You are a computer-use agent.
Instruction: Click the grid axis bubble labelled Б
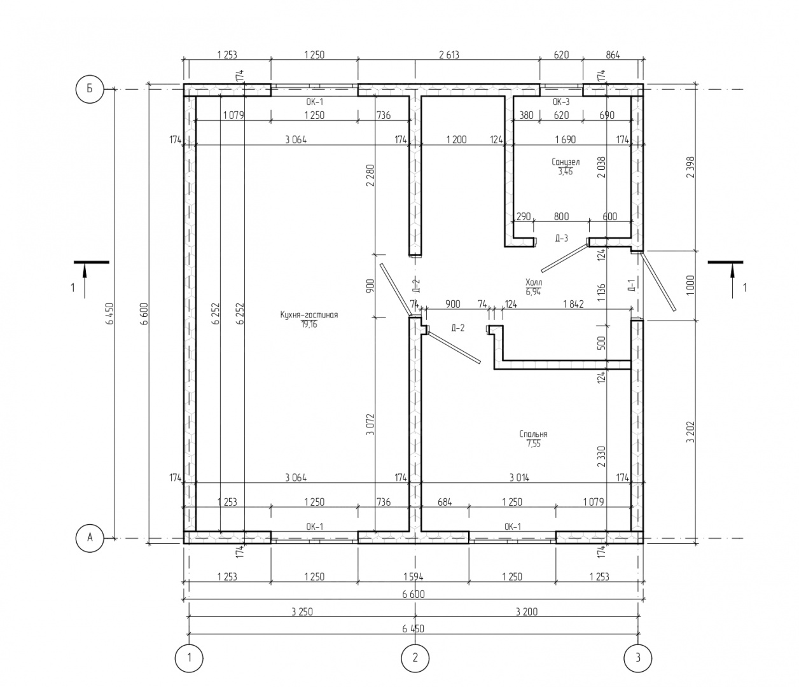click(90, 89)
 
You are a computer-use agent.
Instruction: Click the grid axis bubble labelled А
click(90, 538)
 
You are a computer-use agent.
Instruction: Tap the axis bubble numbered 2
click(415, 658)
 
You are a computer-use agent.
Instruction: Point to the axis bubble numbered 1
click(188, 658)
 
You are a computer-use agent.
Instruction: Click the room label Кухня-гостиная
click(309, 315)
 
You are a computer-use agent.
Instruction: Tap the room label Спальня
click(533, 434)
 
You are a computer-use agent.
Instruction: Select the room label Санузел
click(565, 162)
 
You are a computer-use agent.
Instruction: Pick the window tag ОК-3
click(561, 102)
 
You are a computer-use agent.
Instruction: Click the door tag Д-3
click(561, 239)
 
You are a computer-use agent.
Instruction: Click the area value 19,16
click(309, 324)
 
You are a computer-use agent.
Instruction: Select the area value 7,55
click(533, 444)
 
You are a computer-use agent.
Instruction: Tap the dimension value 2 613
click(448, 55)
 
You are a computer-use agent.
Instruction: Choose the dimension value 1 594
click(413, 577)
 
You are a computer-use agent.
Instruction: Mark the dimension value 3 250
click(302, 612)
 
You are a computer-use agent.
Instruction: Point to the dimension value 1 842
click(573, 304)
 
